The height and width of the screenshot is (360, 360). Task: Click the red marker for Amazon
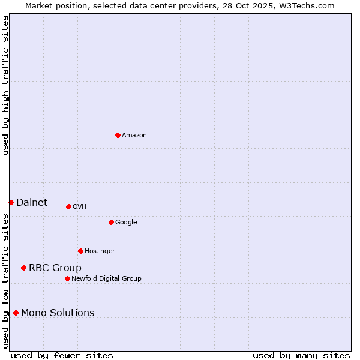[x=118, y=135]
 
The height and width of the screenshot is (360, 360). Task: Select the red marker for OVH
[x=68, y=206]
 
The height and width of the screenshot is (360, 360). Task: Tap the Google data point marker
[x=111, y=222]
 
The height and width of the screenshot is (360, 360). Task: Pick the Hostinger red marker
[x=80, y=251]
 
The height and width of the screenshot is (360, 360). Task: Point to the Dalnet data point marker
[x=11, y=202]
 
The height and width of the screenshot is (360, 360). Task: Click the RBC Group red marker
[x=23, y=268]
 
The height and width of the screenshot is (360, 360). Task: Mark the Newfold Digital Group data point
[x=67, y=278]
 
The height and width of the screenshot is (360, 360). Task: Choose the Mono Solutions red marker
[x=16, y=313]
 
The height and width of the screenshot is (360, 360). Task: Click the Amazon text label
[x=134, y=136]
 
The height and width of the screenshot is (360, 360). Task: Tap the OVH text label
[x=80, y=207]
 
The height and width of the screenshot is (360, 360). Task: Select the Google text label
[x=126, y=223]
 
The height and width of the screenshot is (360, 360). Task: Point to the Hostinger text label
[x=100, y=251]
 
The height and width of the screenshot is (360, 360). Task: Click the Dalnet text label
[x=32, y=203]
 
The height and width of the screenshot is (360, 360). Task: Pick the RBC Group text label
[x=55, y=268]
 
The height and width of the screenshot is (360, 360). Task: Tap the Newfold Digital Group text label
[x=107, y=279]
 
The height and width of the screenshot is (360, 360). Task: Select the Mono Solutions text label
[x=58, y=313]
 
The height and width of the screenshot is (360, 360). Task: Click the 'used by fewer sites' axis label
[x=62, y=355]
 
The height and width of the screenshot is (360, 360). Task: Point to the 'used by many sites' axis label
[x=301, y=355]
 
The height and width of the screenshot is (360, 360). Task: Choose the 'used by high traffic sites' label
[x=5, y=85]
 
